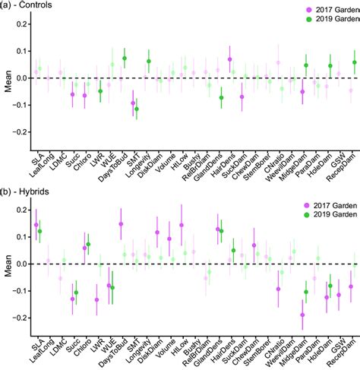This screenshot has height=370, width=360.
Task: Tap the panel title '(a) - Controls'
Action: click(x=33, y=7)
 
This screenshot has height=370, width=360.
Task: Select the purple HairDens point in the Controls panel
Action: click(x=229, y=59)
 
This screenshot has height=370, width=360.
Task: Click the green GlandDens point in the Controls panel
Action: click(x=221, y=97)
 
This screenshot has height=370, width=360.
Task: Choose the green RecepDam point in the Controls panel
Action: click(x=354, y=62)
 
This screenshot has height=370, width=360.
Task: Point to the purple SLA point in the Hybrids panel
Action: click(x=36, y=225)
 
